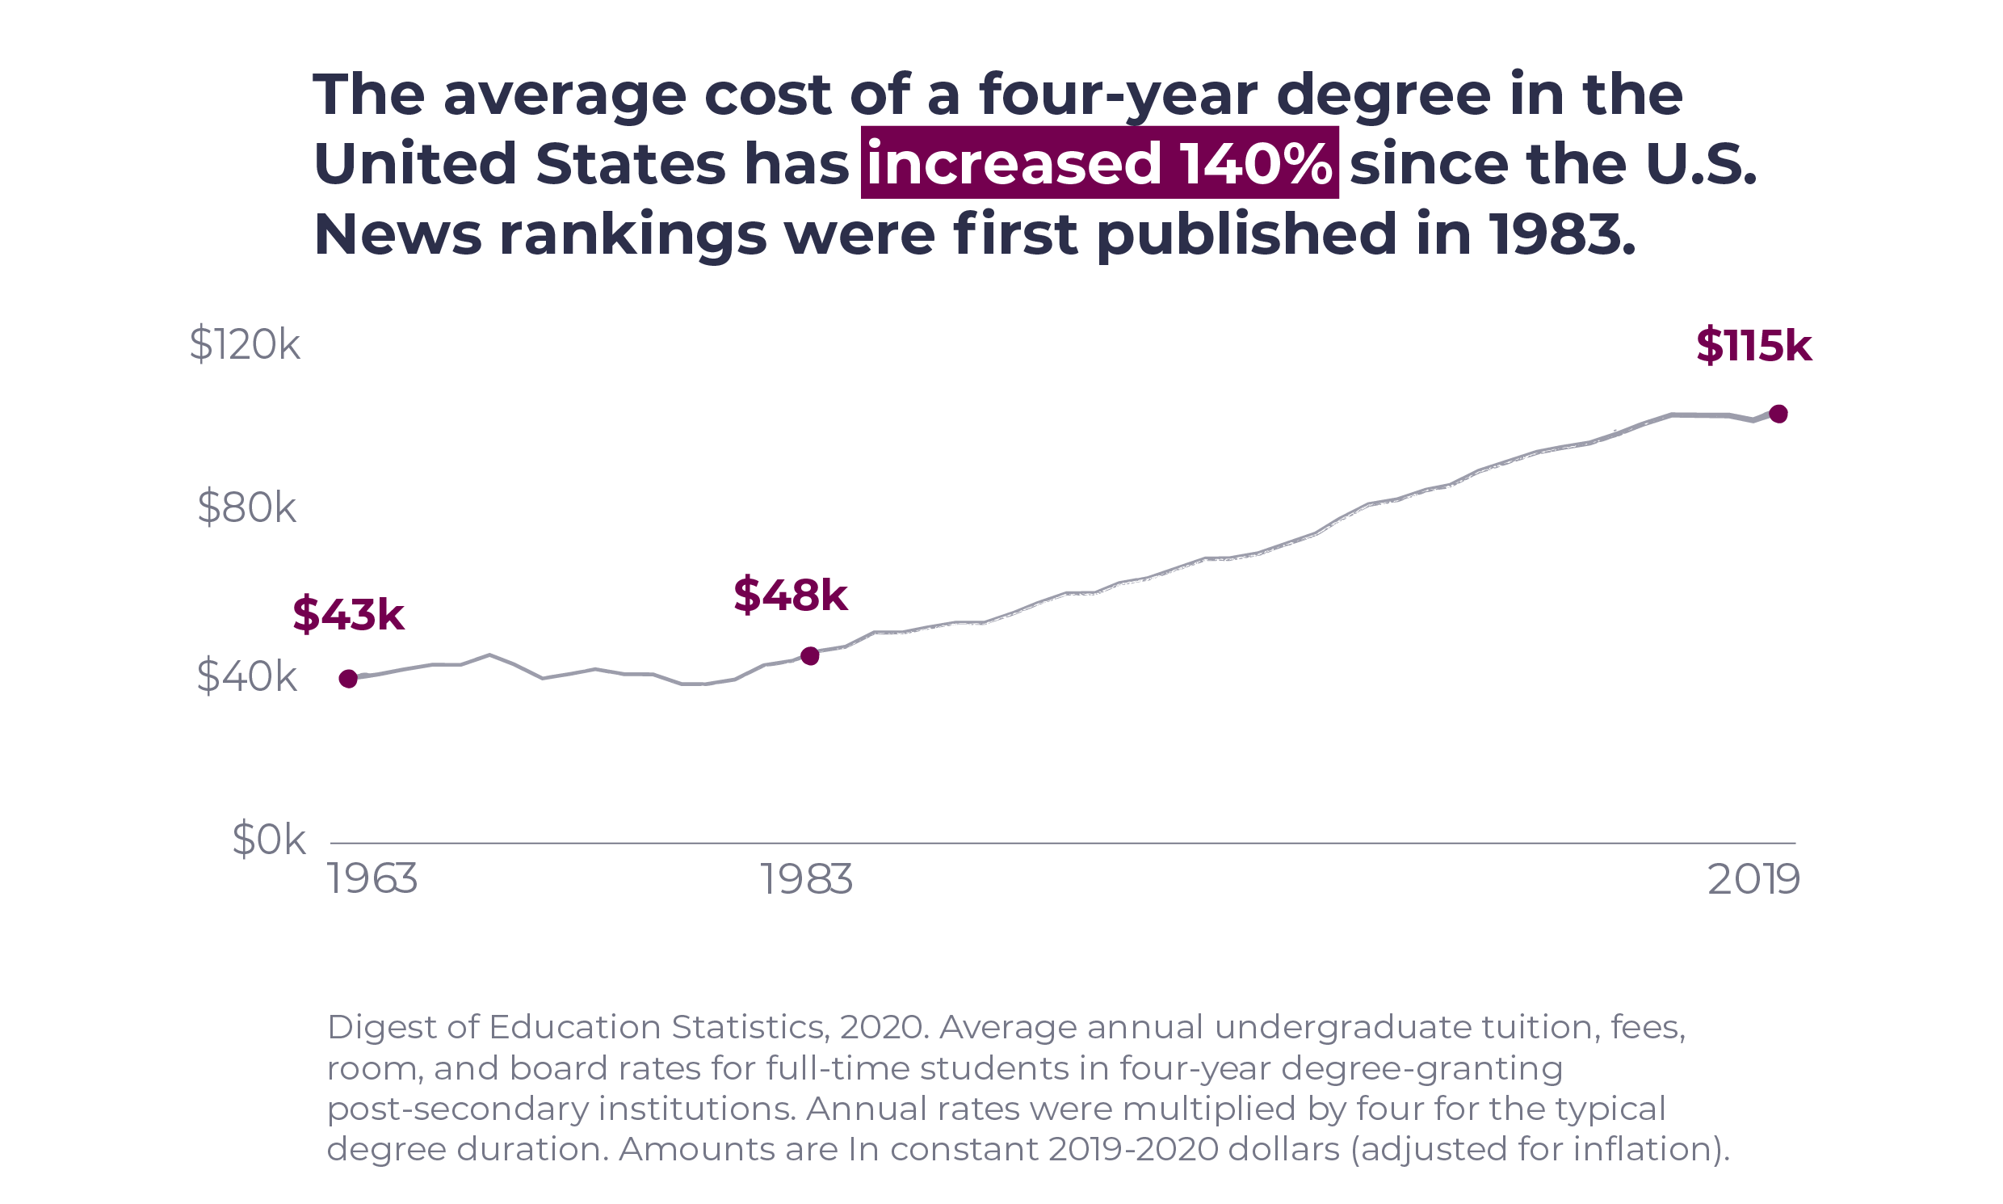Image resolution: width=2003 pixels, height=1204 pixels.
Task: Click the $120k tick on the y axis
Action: click(x=245, y=345)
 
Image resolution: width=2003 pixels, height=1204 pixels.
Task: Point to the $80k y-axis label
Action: click(x=247, y=510)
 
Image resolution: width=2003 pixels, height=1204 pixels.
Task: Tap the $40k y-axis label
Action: click(x=247, y=676)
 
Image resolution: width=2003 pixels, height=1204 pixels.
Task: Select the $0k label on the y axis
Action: click(x=269, y=840)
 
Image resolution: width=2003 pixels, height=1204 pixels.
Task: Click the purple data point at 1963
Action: click(x=348, y=679)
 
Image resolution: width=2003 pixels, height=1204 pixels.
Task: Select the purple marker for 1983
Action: click(x=810, y=656)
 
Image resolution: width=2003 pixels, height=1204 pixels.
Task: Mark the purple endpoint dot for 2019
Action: click(x=1778, y=415)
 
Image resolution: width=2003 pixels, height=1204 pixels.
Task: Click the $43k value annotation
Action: click(x=348, y=614)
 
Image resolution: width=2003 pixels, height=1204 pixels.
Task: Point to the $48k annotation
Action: click(x=791, y=595)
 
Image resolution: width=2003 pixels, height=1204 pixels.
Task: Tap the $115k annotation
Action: click(x=1753, y=346)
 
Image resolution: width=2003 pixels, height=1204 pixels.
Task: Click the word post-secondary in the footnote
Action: click(x=457, y=1109)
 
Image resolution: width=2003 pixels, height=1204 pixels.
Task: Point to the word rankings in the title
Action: click(x=632, y=234)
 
